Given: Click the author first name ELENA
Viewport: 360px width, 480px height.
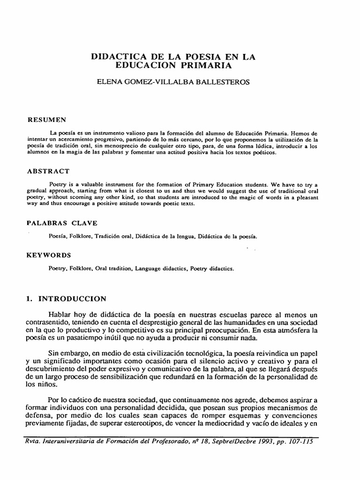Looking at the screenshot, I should point(108,82).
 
